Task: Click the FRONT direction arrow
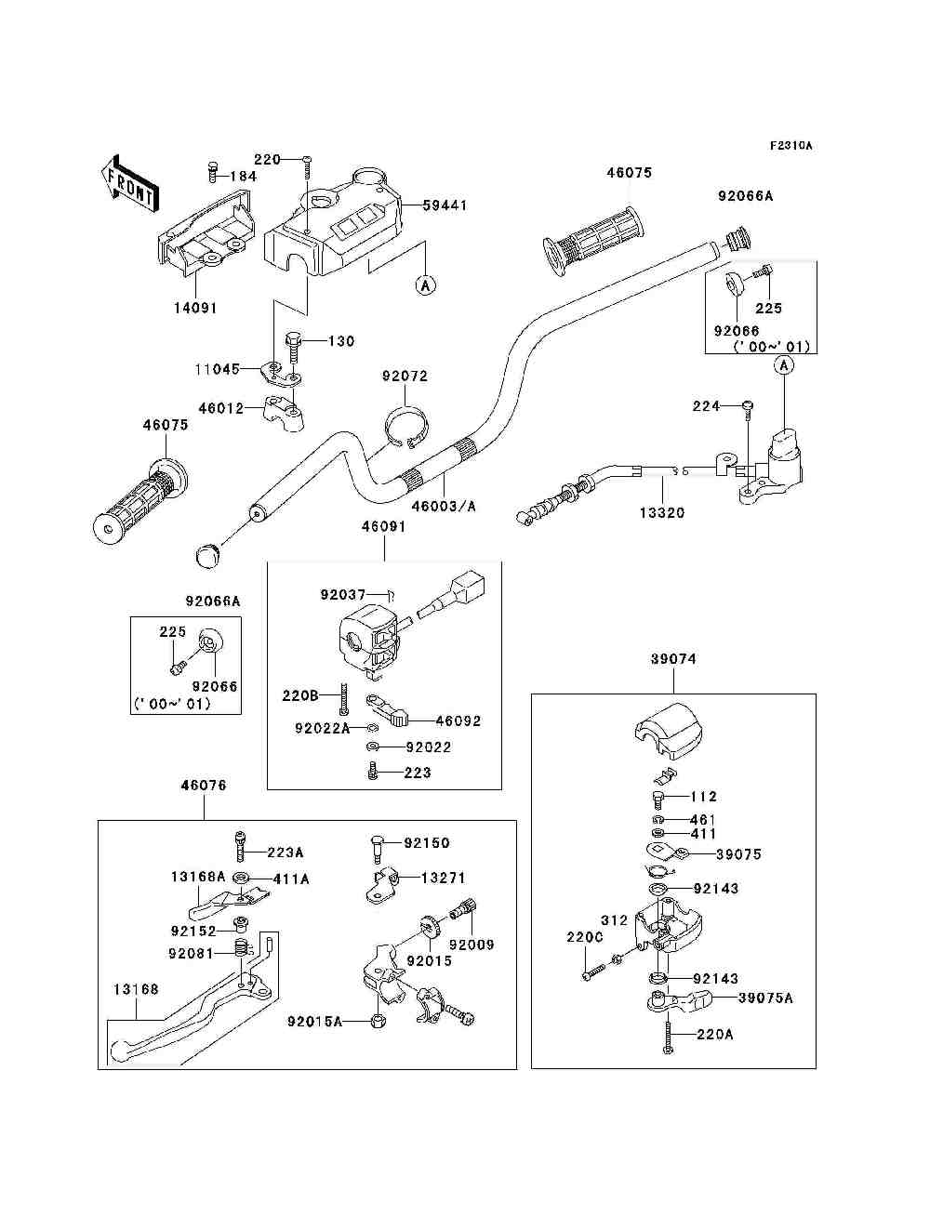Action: click(127, 181)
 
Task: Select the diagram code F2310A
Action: click(790, 146)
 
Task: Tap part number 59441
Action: click(445, 205)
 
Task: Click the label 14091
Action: click(194, 308)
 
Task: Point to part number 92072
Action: click(405, 377)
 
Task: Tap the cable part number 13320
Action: click(661, 512)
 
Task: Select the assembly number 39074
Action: click(672, 659)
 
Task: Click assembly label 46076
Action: click(203, 786)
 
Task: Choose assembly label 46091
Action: click(384, 526)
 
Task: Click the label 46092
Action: click(458, 720)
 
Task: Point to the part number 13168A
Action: click(198, 877)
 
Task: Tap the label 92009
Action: click(472, 945)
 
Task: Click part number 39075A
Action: click(765, 998)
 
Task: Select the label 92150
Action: click(426, 843)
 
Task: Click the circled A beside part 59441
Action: click(425, 285)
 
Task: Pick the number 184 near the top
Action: click(243, 177)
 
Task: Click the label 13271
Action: click(443, 878)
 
